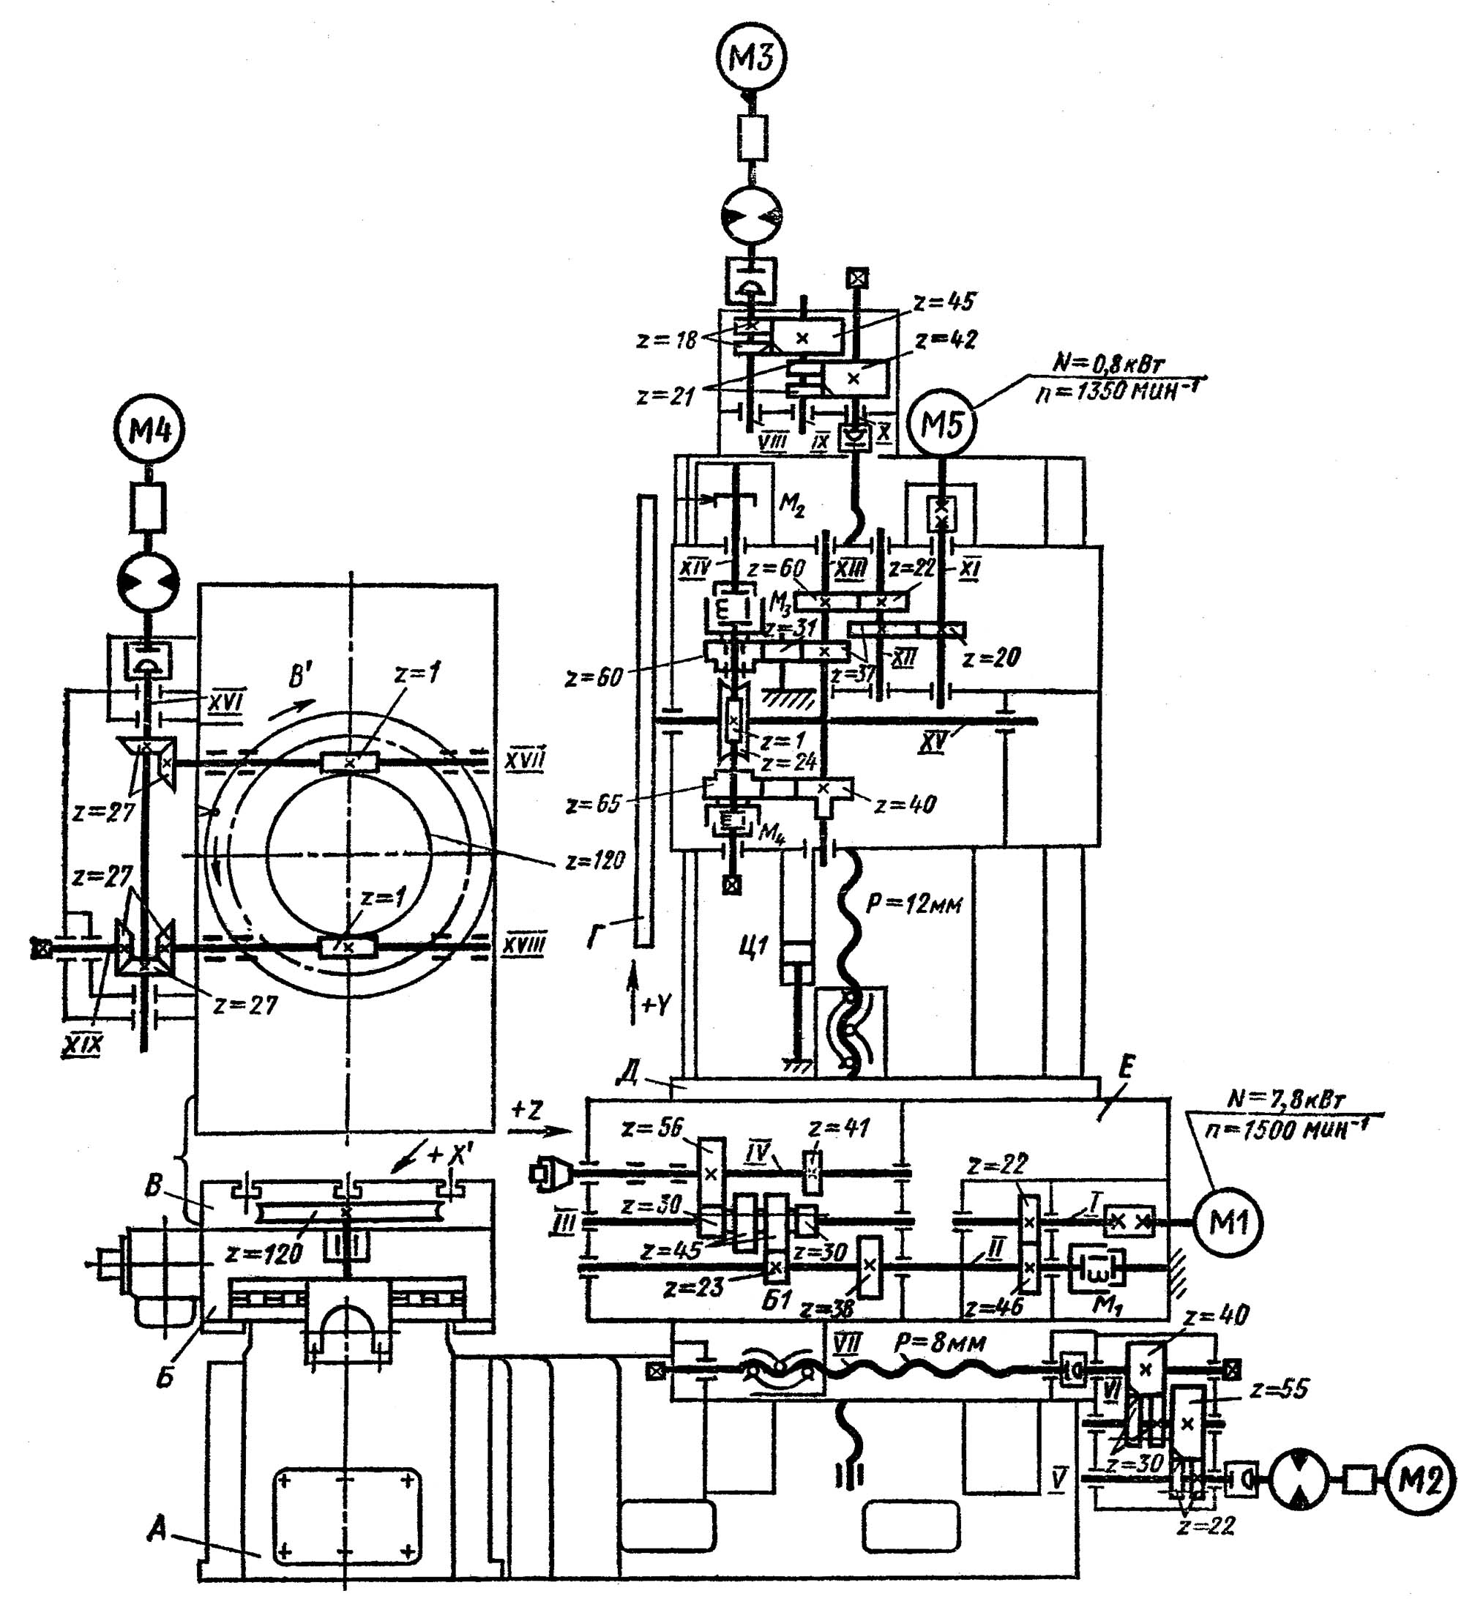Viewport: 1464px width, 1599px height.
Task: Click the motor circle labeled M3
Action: coord(750,58)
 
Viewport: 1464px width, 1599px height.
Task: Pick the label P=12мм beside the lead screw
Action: coord(914,903)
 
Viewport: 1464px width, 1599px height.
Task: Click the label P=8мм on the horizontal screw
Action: coord(940,1343)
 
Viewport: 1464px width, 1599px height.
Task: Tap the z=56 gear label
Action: coord(652,1127)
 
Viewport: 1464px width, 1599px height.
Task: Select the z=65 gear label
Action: coord(593,804)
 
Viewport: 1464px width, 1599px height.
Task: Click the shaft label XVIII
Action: coord(525,944)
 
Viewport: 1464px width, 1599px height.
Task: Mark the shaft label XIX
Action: coord(83,1045)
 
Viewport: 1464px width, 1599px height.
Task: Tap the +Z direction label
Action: coord(527,1111)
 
